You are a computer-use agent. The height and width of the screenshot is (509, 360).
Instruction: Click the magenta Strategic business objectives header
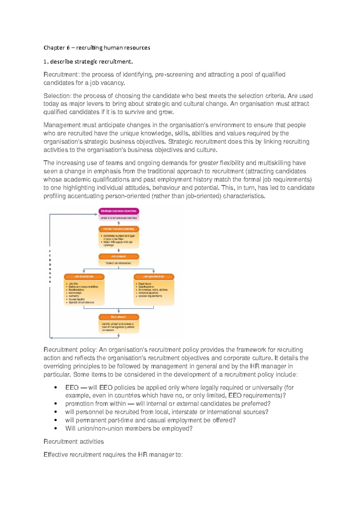(x=119, y=211)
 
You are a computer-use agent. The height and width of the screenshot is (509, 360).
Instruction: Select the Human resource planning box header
(x=119, y=229)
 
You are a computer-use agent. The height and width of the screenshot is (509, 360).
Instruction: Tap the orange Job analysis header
(x=119, y=257)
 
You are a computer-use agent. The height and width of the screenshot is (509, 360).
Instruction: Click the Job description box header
(x=84, y=277)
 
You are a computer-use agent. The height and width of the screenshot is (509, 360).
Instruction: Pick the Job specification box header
(x=154, y=277)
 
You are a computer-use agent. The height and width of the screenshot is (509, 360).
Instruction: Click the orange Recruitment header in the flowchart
(x=119, y=317)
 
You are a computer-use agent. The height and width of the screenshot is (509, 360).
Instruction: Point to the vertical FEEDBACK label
(x=50, y=266)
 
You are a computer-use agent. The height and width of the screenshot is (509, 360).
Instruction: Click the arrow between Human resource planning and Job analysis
(x=119, y=250)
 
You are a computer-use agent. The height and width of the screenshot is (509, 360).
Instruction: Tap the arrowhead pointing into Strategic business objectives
(x=96, y=214)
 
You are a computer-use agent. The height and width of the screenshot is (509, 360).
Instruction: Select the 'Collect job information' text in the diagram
(x=119, y=263)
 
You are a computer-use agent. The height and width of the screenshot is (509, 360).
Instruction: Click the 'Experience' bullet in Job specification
(x=145, y=284)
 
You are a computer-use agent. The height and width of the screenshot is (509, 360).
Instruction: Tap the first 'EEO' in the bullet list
(x=72, y=388)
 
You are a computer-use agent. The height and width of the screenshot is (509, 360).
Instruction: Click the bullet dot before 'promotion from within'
(x=56, y=404)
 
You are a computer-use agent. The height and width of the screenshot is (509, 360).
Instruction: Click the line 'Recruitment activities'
(x=73, y=442)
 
